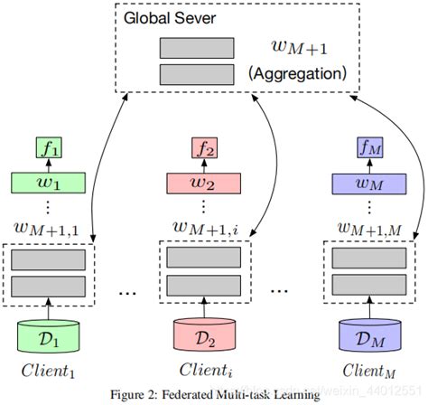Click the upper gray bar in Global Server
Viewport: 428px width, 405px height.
point(196,48)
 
